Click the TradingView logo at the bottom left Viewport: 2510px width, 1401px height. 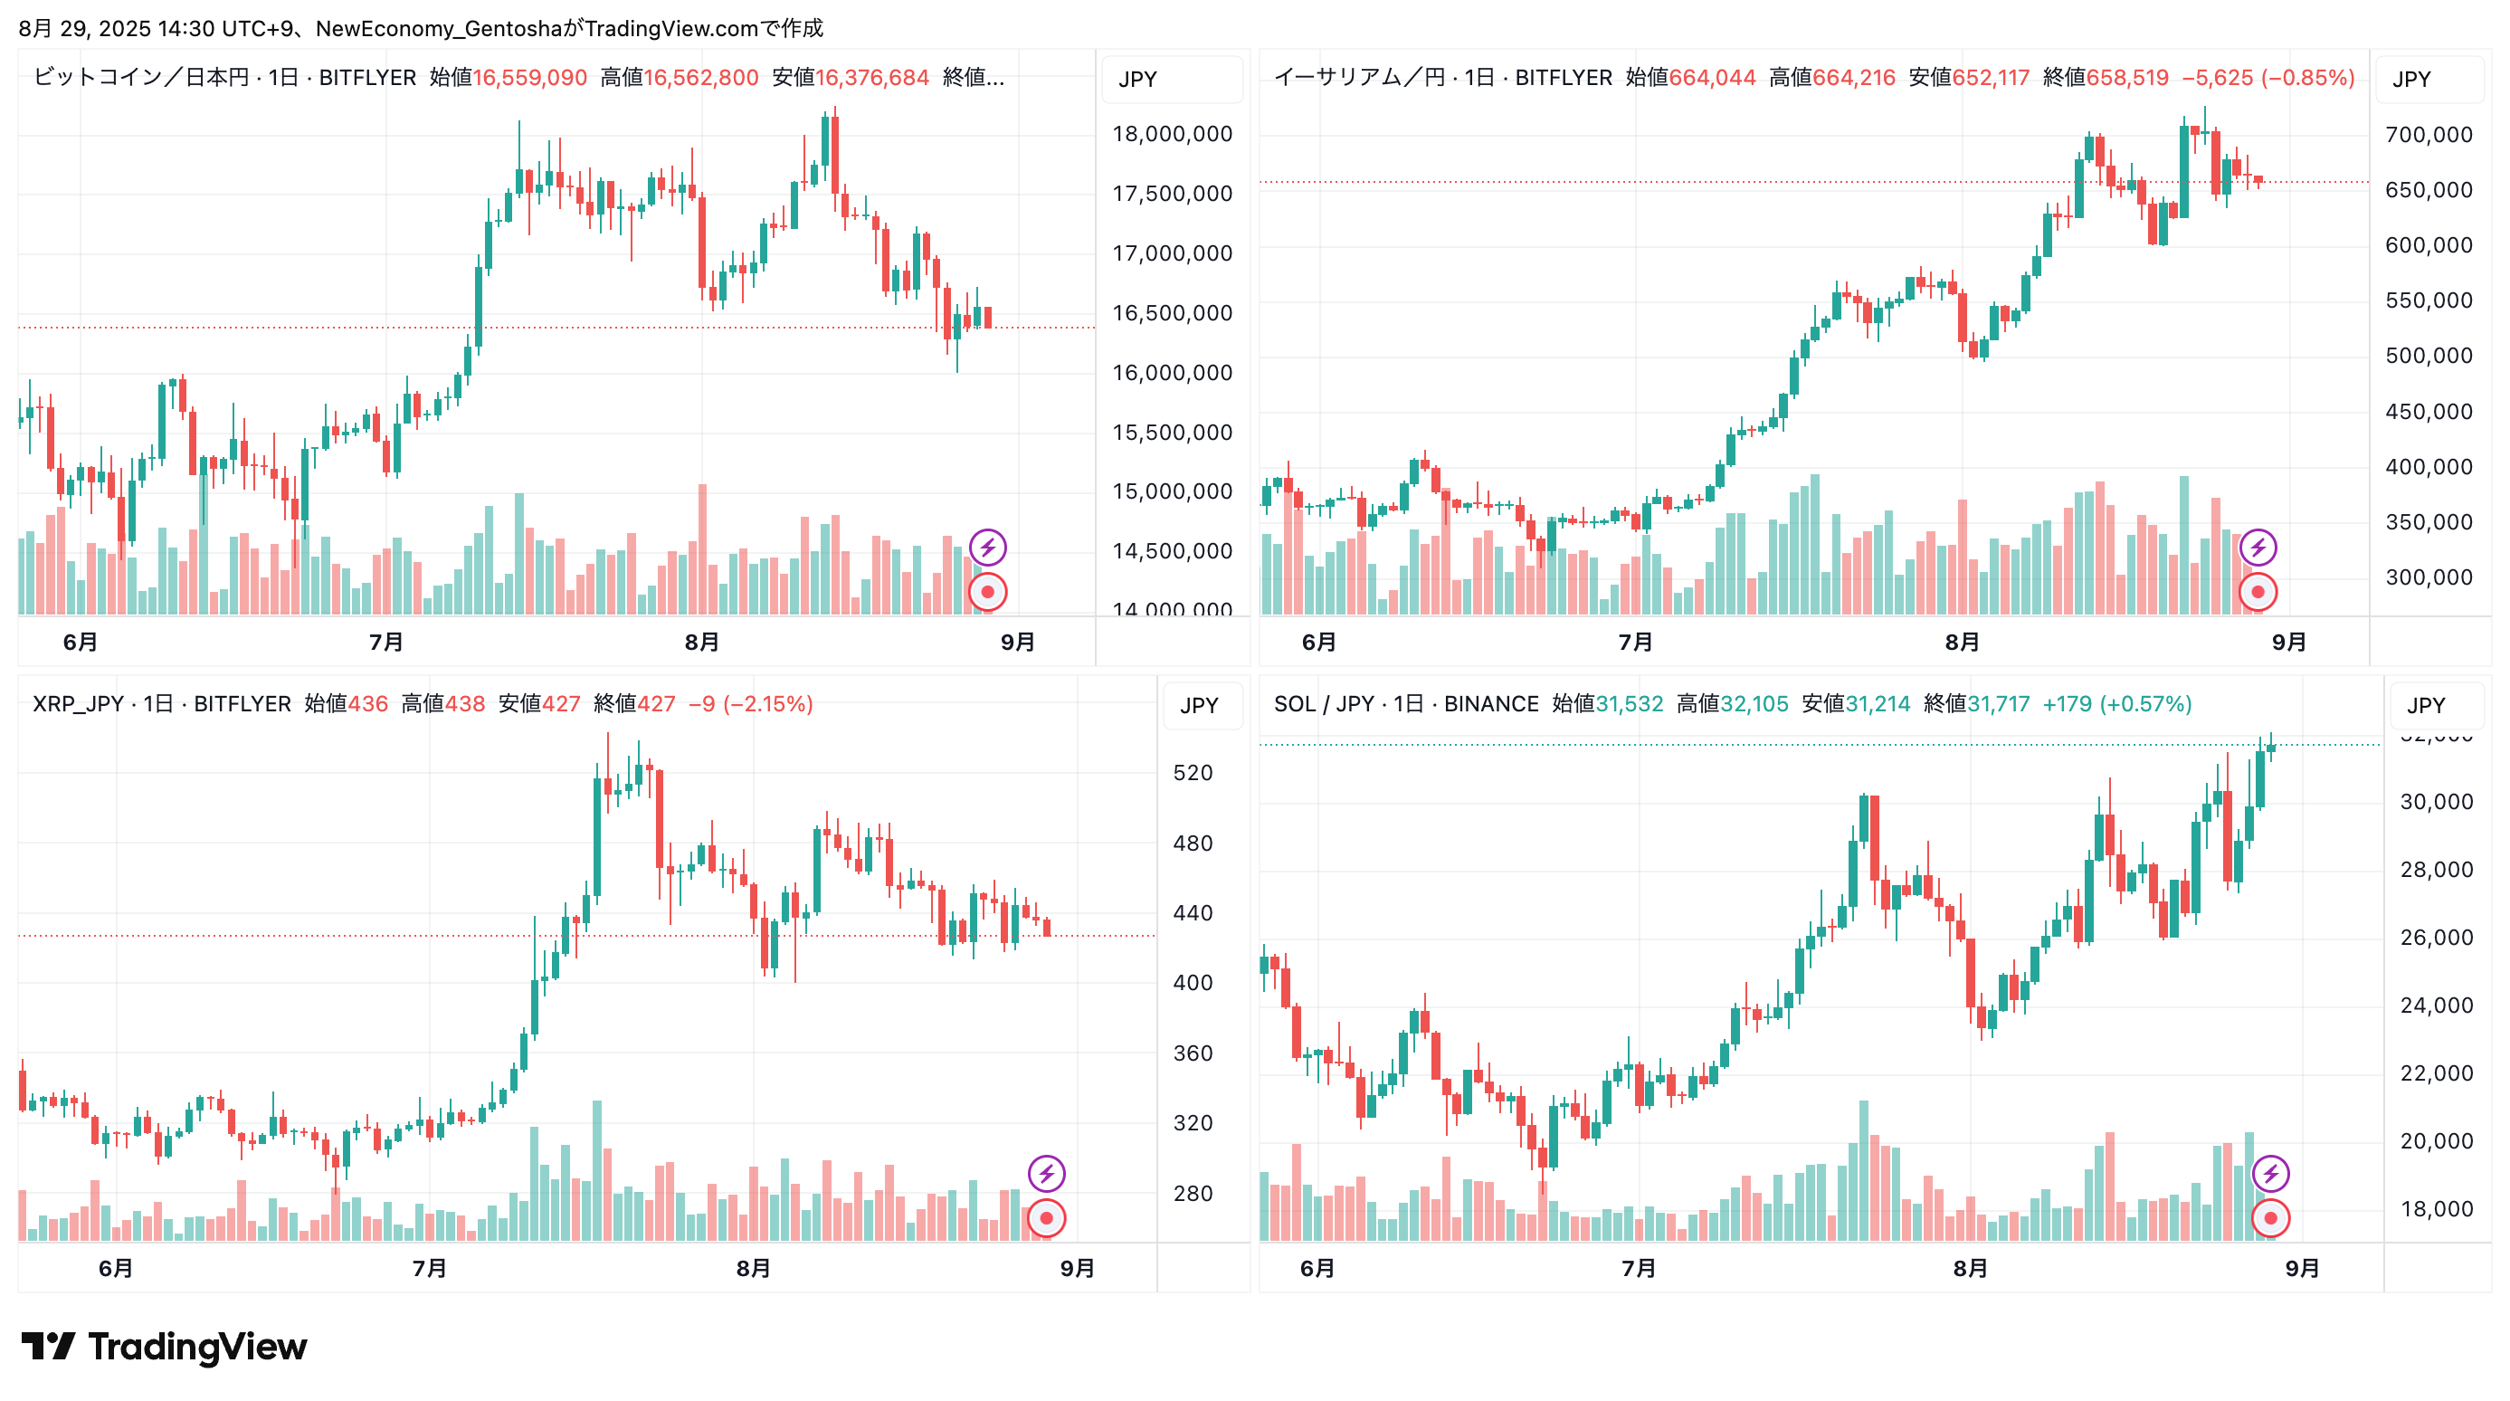click(x=164, y=1347)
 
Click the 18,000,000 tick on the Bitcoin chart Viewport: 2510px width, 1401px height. click(x=1172, y=135)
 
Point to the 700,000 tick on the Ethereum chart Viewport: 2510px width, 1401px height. click(x=2429, y=135)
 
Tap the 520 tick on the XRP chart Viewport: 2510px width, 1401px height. click(x=1193, y=773)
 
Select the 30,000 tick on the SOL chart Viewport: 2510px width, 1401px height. click(x=2436, y=802)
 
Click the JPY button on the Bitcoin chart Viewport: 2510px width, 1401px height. click(x=1137, y=79)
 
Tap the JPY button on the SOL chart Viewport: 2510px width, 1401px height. click(x=2425, y=705)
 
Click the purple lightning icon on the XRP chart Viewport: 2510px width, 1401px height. click(x=1047, y=1173)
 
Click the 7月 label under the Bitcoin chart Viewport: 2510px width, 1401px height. click(x=385, y=642)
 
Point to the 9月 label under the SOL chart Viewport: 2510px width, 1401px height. click(x=2302, y=1269)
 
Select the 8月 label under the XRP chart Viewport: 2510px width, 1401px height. click(x=753, y=1269)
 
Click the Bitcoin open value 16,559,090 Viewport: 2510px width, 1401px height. click(x=529, y=78)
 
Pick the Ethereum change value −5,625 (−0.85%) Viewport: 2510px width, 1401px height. click(x=2268, y=78)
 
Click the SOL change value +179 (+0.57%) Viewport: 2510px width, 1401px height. click(x=2116, y=703)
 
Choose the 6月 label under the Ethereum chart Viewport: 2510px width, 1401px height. click(x=1318, y=642)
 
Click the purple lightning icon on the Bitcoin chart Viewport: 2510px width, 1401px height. click(x=988, y=547)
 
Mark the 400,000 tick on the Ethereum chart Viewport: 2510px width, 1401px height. click(x=2429, y=467)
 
